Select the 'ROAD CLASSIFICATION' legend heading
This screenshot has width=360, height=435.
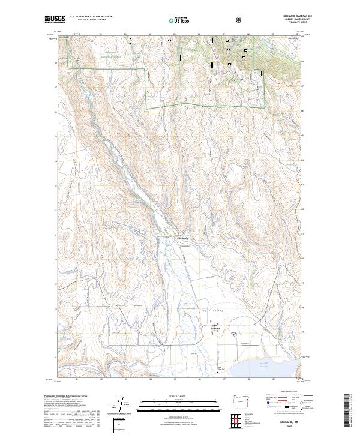pos(286,395)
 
